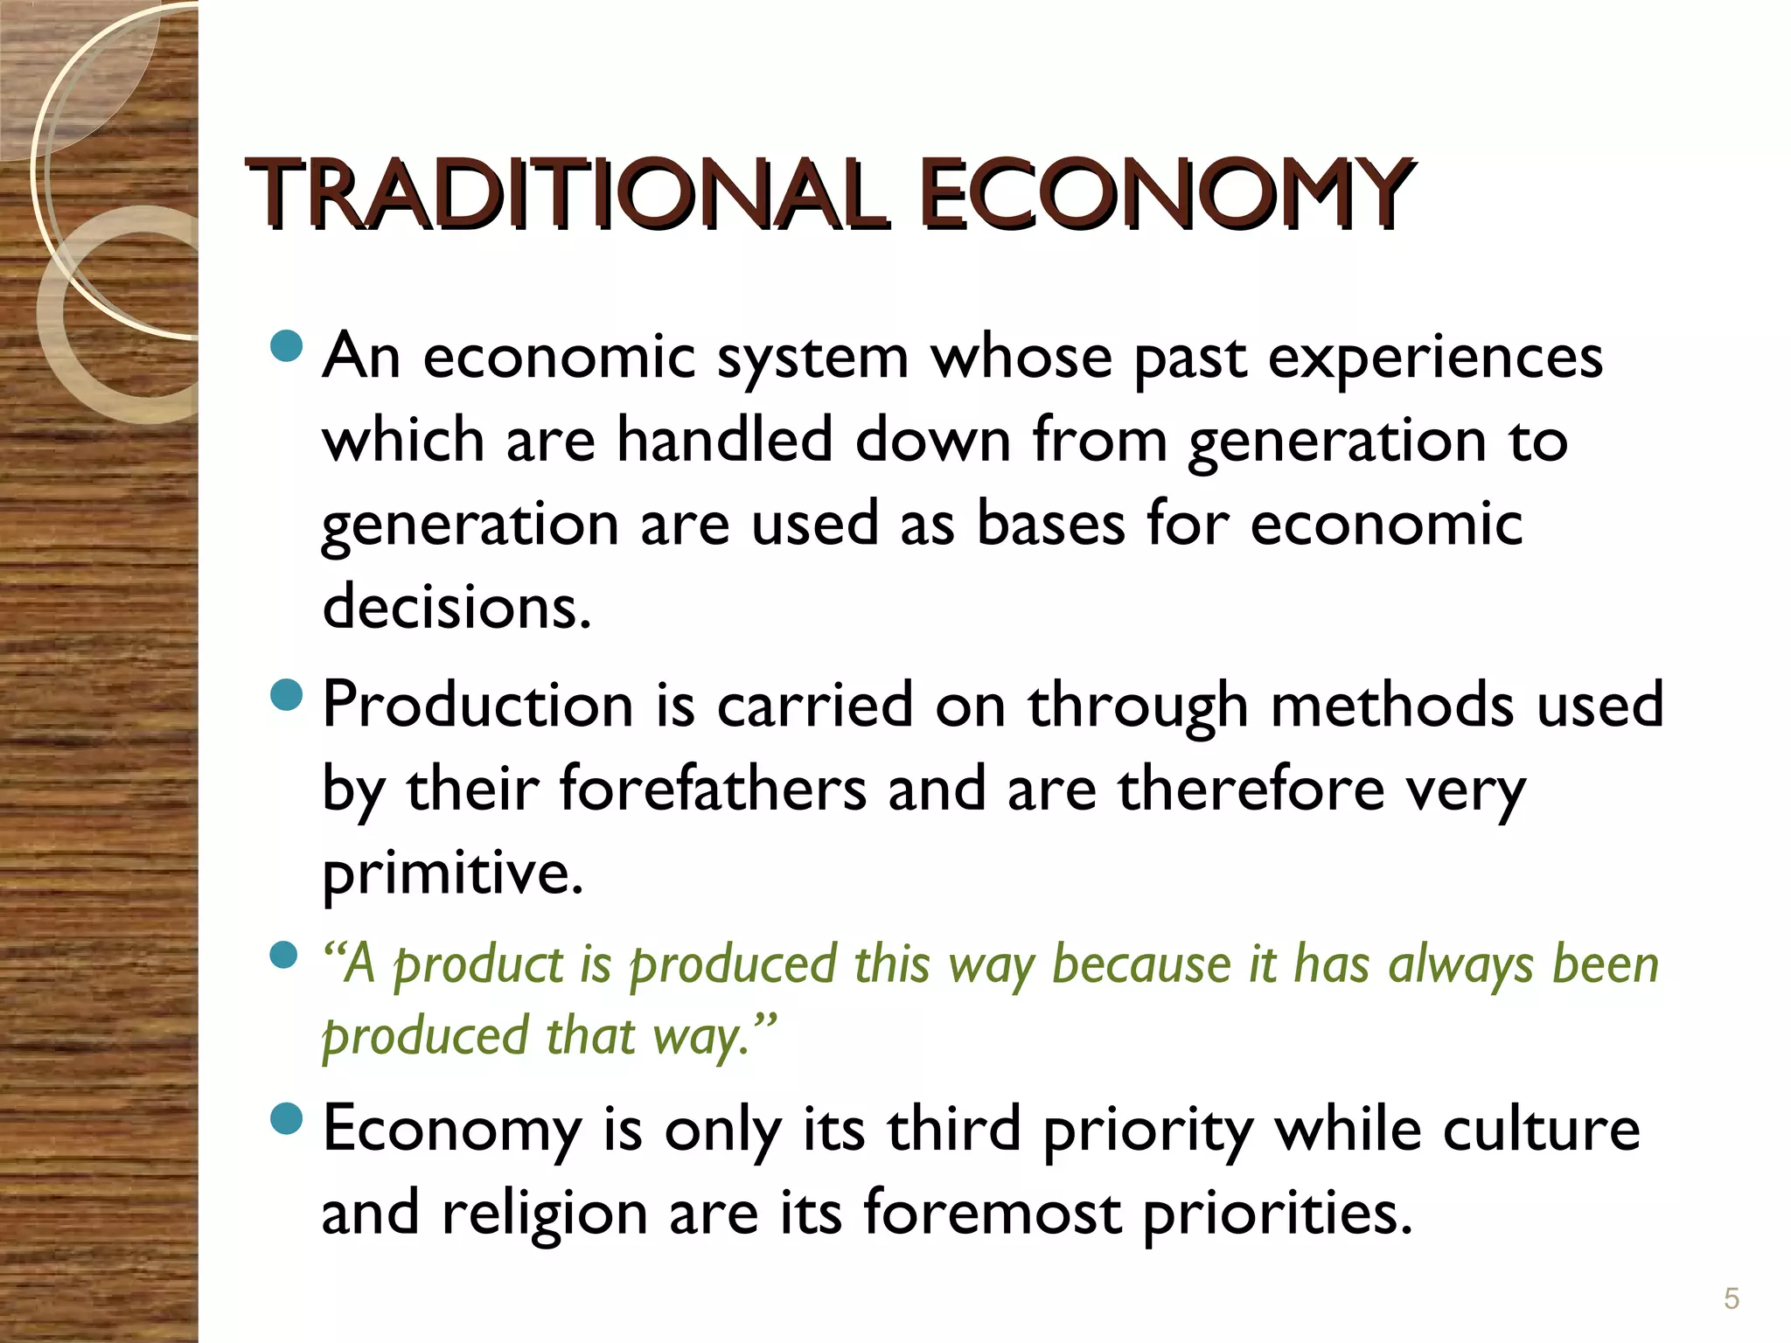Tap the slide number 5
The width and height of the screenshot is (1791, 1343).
click(x=1731, y=1298)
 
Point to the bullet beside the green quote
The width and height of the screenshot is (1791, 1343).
click(x=284, y=955)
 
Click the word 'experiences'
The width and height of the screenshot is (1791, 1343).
click(x=1435, y=358)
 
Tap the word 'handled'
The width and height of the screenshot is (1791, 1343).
click(x=725, y=440)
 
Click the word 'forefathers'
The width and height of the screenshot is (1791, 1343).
click(x=713, y=789)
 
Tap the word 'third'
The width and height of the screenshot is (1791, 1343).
click(x=954, y=1129)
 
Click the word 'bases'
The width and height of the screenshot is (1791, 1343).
click(x=1050, y=524)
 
